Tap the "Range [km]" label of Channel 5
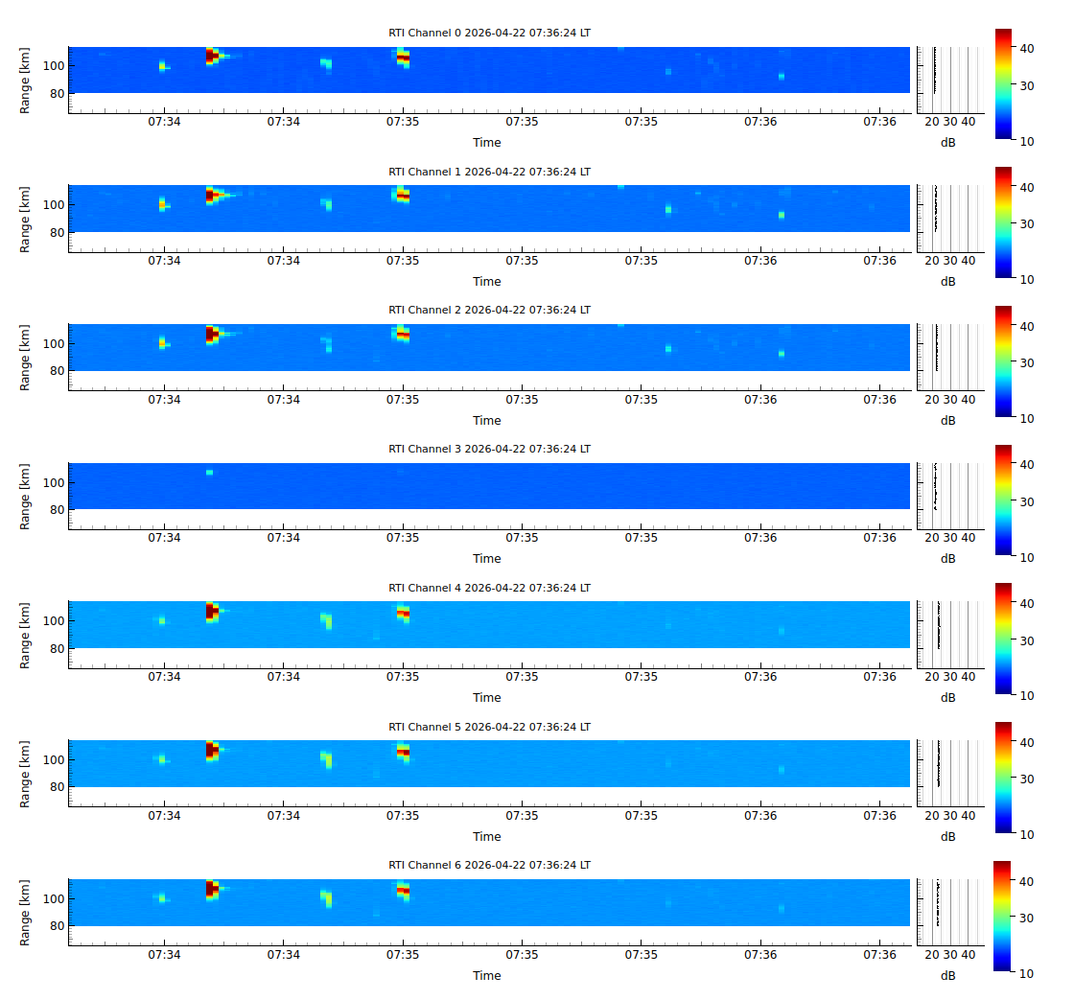[x=26, y=773]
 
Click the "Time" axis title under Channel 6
[x=486, y=975]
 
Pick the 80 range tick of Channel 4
[x=57, y=648]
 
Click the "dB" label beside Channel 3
[x=947, y=558]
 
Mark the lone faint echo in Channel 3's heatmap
[x=209, y=472]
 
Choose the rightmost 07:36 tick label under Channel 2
[x=879, y=399]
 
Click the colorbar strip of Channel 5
[x=1003, y=778]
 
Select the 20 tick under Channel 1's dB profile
[x=931, y=260]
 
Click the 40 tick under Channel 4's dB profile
[x=969, y=676]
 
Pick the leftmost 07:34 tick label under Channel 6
[x=164, y=954]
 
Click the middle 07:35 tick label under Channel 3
[x=522, y=538]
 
